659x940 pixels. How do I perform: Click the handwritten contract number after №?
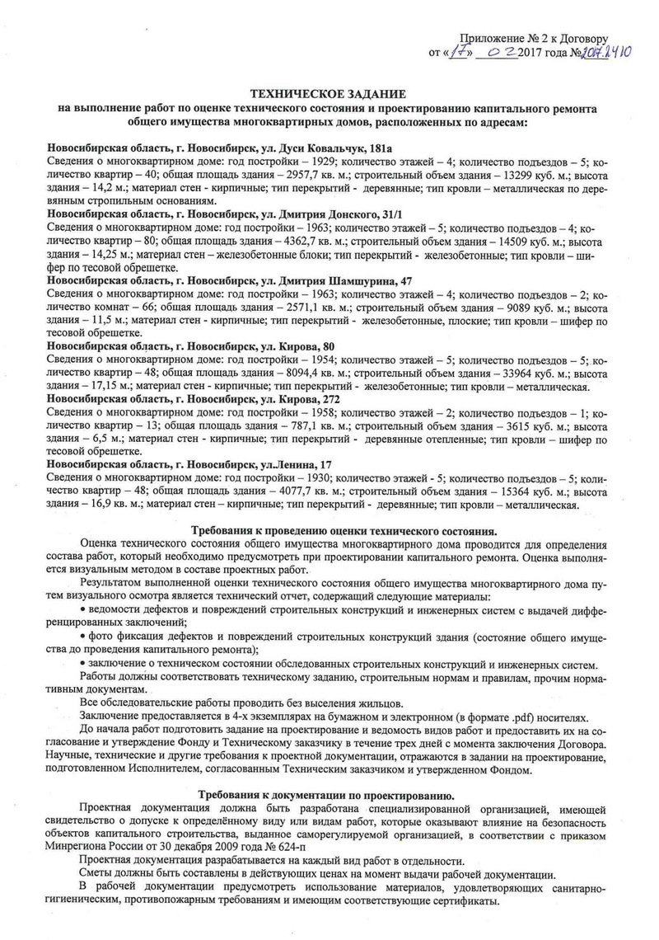pyautogui.click(x=606, y=52)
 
